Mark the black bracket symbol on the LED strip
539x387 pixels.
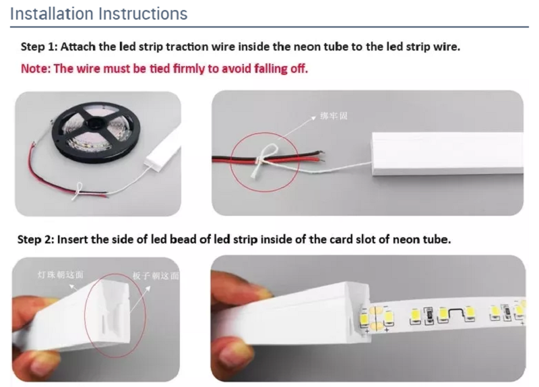coord(455,311)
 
